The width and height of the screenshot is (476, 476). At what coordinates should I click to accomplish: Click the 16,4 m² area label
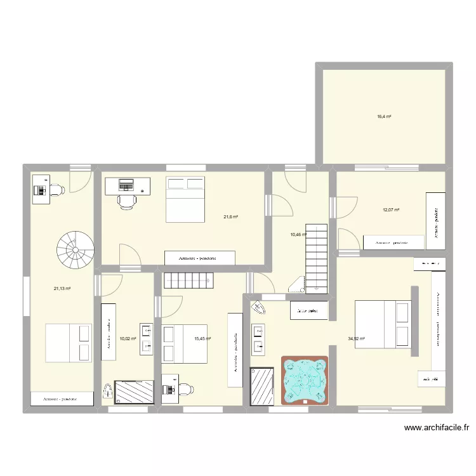point(384,117)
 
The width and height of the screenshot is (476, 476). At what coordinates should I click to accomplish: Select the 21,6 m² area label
point(230,217)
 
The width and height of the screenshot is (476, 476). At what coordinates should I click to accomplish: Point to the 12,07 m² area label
point(390,210)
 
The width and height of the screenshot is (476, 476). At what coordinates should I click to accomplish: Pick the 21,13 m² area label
point(62,288)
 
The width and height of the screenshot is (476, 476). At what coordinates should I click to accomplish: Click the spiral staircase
point(74,249)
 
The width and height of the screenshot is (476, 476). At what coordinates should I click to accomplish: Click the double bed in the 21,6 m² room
point(186,199)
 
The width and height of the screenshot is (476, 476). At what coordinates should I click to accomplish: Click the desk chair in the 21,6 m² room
point(127,201)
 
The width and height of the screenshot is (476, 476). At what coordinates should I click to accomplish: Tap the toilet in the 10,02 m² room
point(107,393)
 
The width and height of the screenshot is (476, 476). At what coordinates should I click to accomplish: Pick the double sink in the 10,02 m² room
point(146,338)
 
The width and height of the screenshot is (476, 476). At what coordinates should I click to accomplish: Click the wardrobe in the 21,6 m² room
point(199,258)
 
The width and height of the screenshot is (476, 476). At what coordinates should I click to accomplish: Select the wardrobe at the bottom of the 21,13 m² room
point(62,399)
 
